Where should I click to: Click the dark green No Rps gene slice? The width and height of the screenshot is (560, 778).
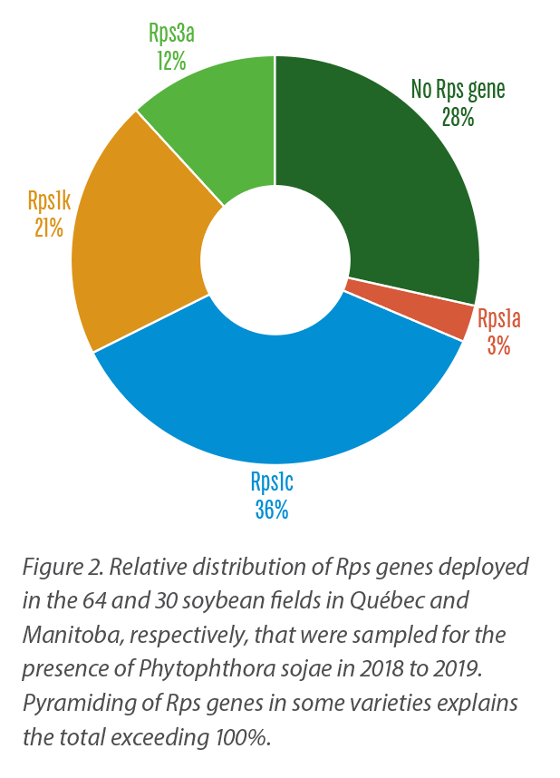pos(399,199)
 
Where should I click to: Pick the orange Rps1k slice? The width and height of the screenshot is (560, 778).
pos(136,254)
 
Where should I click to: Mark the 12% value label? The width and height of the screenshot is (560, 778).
pos(170,61)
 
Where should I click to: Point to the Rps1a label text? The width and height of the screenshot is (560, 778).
pos(499,319)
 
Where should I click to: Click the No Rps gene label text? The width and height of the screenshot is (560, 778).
pos(458,90)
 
